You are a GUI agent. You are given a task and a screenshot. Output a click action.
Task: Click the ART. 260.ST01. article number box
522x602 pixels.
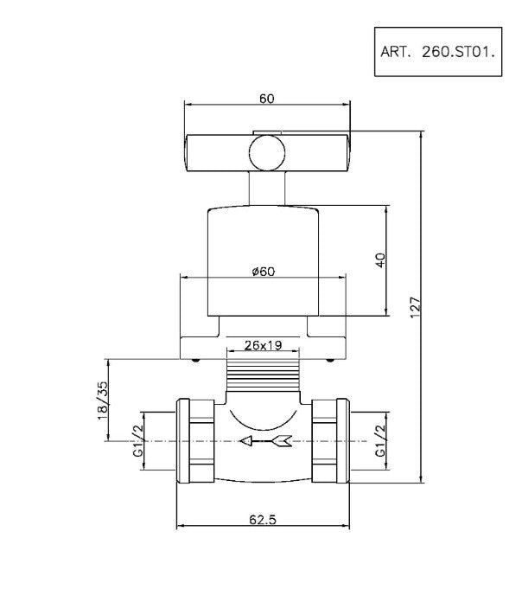pos(436,51)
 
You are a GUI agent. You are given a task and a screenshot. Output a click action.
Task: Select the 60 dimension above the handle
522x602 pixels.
pos(266,99)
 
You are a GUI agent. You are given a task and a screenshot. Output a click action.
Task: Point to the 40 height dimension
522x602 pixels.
pos(379,260)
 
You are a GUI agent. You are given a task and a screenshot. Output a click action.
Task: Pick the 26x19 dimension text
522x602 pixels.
pos(263,345)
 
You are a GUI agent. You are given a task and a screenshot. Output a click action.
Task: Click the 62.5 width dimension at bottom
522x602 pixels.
pos(264,519)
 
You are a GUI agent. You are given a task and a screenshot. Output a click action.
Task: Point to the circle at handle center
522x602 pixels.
pos(265,153)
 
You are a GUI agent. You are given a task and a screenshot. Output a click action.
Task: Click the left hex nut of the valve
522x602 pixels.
pos(195,441)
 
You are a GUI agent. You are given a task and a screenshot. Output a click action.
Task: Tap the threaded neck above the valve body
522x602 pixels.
pos(263,378)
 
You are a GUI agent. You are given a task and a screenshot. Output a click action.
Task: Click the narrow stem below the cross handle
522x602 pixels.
pos(265,188)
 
